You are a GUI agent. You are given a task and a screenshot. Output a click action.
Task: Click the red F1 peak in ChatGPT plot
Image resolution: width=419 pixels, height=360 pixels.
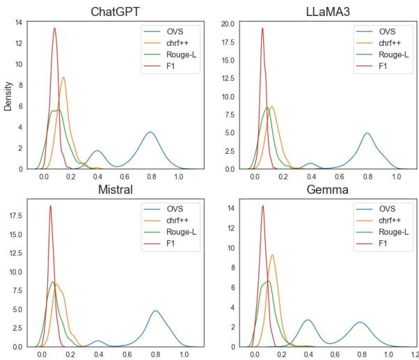point(54,29)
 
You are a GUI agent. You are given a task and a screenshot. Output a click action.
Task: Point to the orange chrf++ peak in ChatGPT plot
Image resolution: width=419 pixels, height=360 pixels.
point(63,77)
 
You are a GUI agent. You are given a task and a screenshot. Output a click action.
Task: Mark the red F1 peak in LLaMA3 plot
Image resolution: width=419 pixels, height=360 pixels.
point(262,29)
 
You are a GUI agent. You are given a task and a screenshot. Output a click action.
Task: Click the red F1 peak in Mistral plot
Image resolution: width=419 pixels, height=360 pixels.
point(50,205)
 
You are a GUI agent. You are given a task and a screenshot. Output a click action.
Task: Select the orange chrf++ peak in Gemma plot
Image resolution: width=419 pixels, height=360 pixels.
point(272,255)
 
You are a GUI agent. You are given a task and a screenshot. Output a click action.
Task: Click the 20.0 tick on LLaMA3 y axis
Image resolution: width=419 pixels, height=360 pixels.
point(226,24)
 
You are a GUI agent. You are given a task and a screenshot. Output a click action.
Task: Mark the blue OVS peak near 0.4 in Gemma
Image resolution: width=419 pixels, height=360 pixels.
point(308,320)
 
